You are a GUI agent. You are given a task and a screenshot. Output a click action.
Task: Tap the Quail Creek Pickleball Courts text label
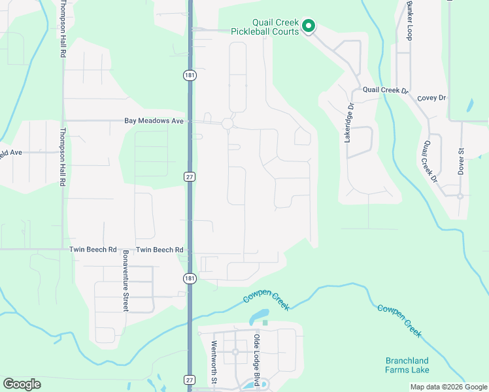[x=265, y=26]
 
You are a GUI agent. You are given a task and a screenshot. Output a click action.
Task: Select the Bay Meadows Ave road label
[x=154, y=121]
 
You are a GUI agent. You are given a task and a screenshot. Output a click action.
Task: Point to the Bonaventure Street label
[x=126, y=280]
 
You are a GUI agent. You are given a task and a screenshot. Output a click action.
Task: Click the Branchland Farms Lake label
[x=407, y=365]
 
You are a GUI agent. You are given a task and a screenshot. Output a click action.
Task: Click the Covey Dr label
[x=431, y=98]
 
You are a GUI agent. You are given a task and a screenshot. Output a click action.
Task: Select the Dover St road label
[x=460, y=161]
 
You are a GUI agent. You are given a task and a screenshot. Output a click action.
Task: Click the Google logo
[x=22, y=384]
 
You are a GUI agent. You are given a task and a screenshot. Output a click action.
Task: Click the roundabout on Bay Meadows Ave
[x=228, y=123]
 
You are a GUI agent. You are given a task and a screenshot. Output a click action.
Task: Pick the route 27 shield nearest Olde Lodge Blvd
[x=189, y=380]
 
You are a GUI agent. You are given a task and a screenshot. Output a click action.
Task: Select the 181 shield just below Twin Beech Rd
[x=189, y=278]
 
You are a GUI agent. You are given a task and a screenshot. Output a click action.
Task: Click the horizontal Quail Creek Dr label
[x=385, y=90]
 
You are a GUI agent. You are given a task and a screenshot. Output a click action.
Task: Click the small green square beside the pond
[x=265, y=322]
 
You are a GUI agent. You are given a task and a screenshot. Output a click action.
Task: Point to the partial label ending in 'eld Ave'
[x=11, y=152]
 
